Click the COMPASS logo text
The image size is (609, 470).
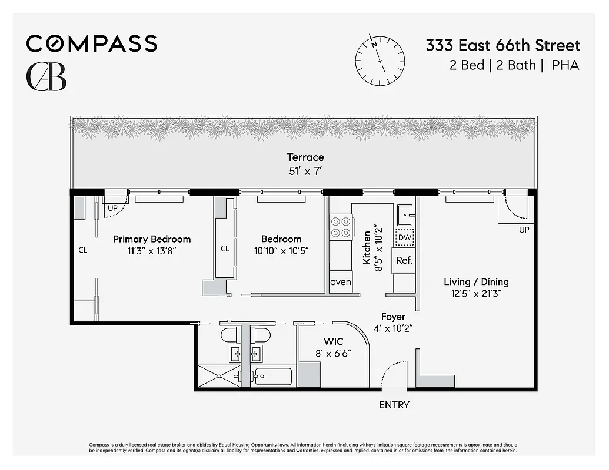[91, 43]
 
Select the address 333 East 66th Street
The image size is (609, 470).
[502, 45]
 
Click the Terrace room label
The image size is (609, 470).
[305, 157]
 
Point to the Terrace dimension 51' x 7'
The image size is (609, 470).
[305, 170]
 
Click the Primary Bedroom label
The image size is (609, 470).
[152, 239]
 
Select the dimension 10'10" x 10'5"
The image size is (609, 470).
[281, 251]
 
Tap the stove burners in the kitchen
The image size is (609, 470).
[341, 227]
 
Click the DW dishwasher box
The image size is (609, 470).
[404, 237]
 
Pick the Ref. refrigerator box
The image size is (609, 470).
[404, 260]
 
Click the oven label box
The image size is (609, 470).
[341, 281]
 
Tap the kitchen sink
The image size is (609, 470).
[405, 216]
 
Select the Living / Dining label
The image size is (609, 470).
[476, 282]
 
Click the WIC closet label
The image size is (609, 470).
[333, 341]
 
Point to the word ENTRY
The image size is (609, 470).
[394, 405]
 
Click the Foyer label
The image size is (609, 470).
[393, 317]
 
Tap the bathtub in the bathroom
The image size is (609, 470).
[273, 376]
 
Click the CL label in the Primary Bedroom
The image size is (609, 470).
[83, 250]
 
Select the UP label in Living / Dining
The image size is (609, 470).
[524, 230]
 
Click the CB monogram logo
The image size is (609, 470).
[46, 76]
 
